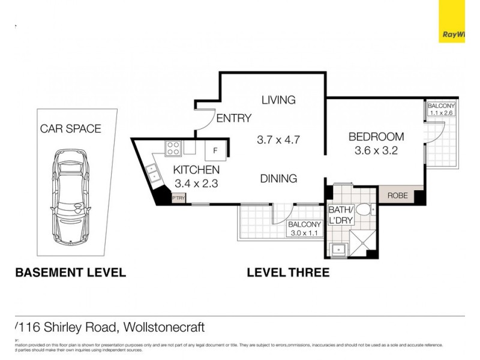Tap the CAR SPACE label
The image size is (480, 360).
tap(70, 128)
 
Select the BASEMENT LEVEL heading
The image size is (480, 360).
tap(70, 272)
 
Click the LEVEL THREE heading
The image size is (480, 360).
tap(288, 272)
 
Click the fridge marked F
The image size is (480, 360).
tap(216, 150)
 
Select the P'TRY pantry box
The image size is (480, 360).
tap(179, 197)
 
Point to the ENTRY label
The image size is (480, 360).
tap(233, 118)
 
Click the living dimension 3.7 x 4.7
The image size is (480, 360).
tap(278, 140)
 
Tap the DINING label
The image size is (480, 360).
tap(278, 178)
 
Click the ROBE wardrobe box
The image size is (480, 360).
tap(397, 196)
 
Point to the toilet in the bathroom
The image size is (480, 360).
tap(364, 211)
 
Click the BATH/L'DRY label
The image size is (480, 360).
tap(340, 215)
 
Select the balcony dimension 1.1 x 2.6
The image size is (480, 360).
tap(442, 112)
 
